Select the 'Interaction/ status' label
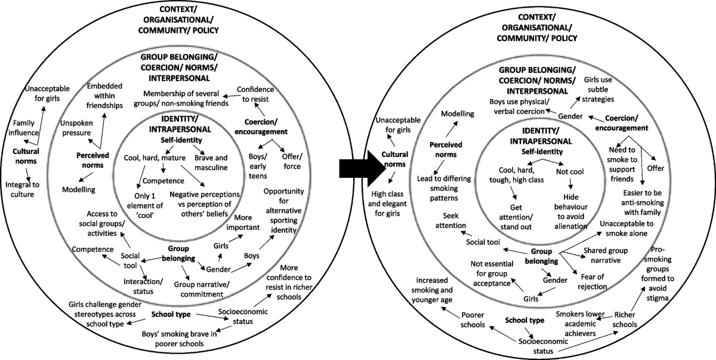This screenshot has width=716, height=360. [x=143, y=285]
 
